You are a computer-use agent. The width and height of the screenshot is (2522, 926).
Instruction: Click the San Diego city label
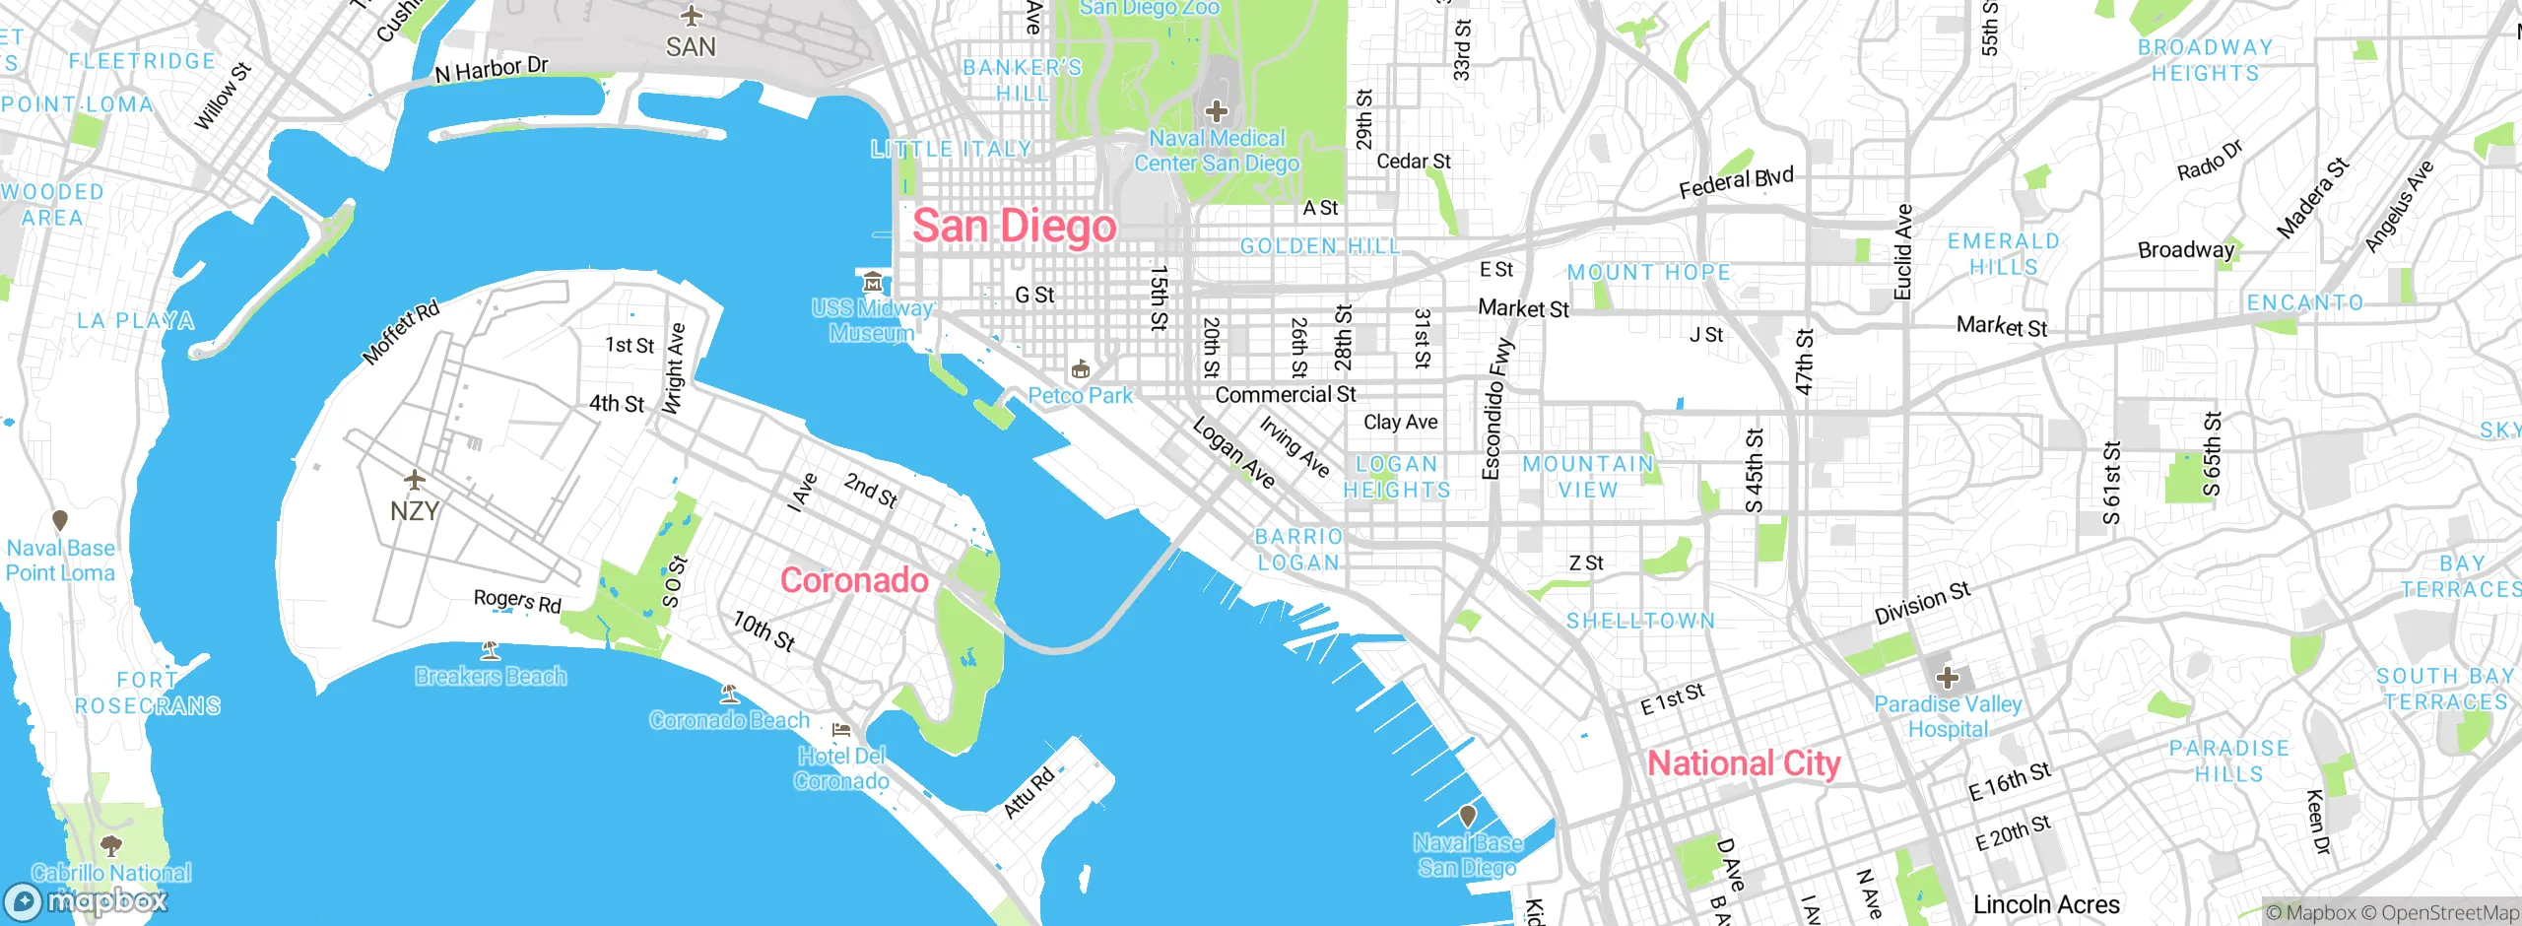click(1014, 227)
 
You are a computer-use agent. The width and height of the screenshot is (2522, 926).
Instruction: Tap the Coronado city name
click(854, 580)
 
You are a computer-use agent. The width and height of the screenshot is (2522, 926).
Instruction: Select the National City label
click(1744, 763)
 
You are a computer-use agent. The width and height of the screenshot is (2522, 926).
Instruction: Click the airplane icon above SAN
click(692, 16)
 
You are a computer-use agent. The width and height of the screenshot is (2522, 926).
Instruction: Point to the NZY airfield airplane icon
click(415, 481)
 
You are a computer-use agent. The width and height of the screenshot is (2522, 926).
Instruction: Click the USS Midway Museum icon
click(872, 283)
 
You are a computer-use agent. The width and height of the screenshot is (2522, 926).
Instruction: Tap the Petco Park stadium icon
click(1081, 369)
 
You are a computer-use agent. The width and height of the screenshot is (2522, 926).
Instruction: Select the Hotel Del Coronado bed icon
click(841, 730)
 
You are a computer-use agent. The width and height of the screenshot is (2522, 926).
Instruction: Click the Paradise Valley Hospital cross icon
click(1948, 678)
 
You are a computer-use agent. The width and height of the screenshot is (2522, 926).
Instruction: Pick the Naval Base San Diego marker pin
click(1468, 816)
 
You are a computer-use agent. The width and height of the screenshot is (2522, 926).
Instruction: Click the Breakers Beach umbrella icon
click(490, 650)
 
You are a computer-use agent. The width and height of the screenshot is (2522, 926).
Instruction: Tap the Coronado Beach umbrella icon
click(729, 694)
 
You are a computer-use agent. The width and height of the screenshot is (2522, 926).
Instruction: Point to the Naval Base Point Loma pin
click(60, 520)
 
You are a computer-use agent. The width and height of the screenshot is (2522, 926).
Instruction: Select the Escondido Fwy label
click(1496, 409)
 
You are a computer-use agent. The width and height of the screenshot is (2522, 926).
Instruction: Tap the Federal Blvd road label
click(1736, 182)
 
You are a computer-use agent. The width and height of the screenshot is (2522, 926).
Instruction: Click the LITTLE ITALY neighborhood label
click(951, 150)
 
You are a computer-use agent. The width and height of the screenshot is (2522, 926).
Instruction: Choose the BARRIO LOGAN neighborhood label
click(1298, 550)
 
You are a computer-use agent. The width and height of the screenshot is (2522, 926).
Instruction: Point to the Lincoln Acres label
click(2046, 904)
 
